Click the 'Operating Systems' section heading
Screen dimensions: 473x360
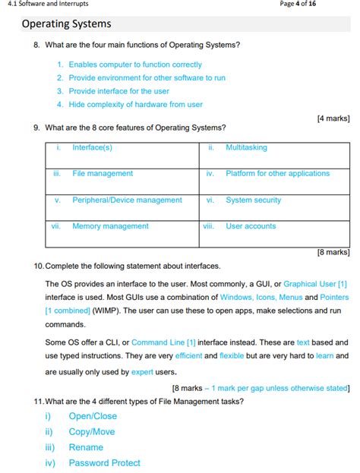tap(66, 25)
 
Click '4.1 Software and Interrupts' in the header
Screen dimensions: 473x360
tap(46, 4)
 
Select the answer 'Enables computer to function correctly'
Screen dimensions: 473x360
tap(135, 65)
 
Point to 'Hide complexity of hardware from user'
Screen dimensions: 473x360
tap(135, 105)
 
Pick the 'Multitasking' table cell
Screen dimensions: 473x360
tap(246, 147)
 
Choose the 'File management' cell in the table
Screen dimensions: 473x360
tap(103, 174)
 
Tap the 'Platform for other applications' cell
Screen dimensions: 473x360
tap(277, 174)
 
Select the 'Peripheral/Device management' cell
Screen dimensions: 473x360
tap(127, 200)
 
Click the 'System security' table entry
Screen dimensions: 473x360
tap(253, 200)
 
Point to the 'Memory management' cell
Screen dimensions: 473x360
tap(110, 226)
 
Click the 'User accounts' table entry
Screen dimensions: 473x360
tap(251, 226)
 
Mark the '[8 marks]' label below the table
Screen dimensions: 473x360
tap(333, 252)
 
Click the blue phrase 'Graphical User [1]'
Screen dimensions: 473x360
tap(315, 284)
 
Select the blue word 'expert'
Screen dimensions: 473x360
tap(142, 372)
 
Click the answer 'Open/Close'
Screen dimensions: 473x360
tap(93, 416)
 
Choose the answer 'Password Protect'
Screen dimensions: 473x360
tap(104, 462)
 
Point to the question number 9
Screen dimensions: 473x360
tap(36, 128)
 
